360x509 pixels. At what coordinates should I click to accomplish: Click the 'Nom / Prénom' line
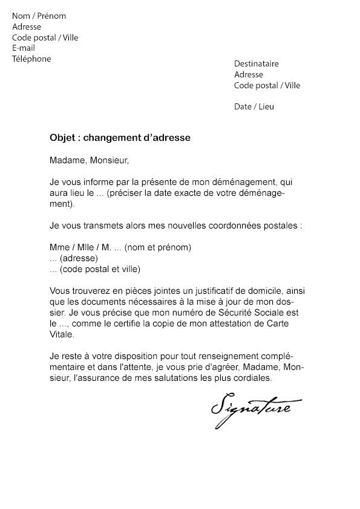39,16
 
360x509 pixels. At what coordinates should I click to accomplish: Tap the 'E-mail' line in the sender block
24,48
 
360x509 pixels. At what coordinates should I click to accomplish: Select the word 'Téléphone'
31,59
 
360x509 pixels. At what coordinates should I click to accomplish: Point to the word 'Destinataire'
257,64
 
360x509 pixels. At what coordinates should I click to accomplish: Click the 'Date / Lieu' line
254,106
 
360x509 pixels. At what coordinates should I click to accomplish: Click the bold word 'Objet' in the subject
63,138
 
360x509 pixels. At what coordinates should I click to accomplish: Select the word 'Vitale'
61,334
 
